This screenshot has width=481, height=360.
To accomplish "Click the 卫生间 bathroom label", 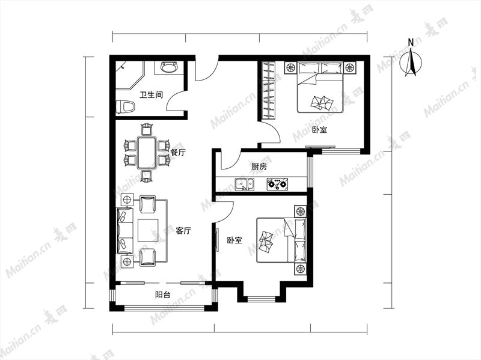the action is [151, 95].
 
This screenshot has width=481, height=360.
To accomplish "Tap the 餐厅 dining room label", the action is [178, 153].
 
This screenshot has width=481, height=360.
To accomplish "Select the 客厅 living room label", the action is [183, 231].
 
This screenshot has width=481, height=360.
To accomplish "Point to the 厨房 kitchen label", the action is [259, 167].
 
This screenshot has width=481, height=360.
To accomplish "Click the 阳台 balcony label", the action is [162, 295].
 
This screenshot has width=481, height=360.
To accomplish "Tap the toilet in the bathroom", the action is [126, 108].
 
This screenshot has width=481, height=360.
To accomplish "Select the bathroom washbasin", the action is [170, 67].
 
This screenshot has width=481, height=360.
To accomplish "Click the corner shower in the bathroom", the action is [129, 76].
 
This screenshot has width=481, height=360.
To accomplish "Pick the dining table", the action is [147, 153].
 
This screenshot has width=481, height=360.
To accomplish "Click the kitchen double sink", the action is [245, 185].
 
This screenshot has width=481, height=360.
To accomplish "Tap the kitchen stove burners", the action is [278, 185].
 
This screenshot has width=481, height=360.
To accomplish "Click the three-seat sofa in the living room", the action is [124, 231].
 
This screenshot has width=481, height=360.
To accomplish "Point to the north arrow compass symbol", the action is [411, 64].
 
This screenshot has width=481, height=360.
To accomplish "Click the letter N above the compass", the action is [411, 42].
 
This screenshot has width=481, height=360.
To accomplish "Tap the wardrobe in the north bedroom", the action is [268, 90].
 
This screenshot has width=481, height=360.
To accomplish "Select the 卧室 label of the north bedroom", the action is [319, 130].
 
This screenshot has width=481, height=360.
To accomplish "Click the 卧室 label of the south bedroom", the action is [234, 240].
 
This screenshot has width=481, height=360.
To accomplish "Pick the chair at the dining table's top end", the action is [147, 129].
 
